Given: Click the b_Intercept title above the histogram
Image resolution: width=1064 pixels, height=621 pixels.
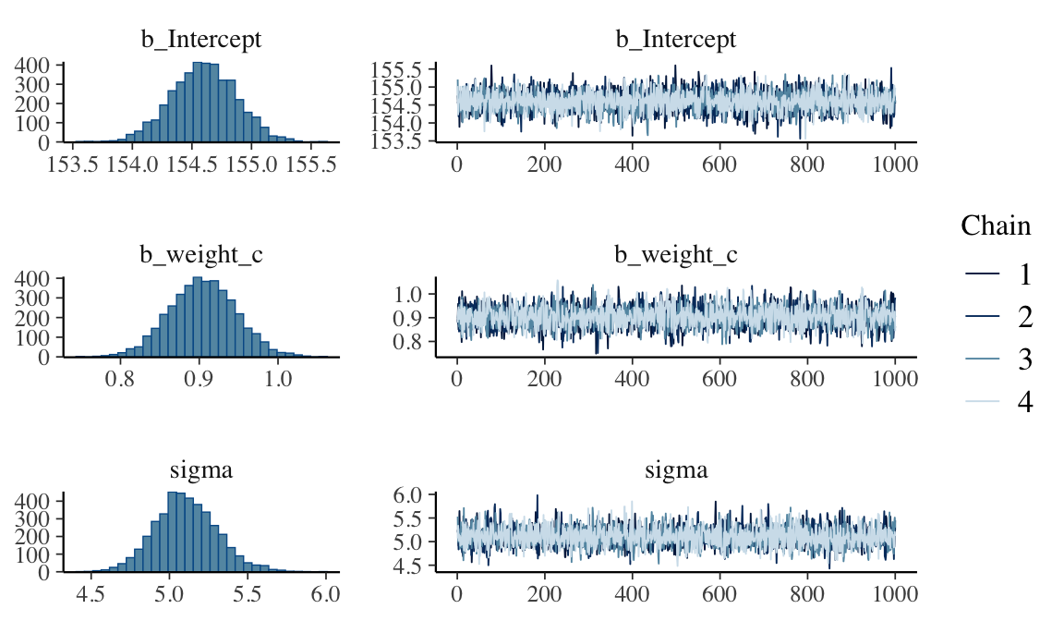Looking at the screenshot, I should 201,40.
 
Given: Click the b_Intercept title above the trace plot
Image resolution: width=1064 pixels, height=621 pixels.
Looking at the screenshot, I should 676,40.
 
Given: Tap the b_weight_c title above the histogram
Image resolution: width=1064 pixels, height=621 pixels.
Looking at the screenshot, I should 201,254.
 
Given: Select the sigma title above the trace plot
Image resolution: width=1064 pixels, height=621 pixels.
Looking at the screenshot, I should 676,470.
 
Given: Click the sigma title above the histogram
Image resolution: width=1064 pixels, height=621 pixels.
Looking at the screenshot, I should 201,470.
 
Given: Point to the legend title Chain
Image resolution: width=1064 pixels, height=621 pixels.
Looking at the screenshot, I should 996,225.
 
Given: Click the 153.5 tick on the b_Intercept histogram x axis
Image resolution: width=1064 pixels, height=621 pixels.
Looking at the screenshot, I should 73,164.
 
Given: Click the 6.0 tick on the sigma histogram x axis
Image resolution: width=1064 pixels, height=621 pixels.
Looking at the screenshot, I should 326,594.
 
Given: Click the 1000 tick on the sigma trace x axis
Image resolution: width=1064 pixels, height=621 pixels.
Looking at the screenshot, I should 895,594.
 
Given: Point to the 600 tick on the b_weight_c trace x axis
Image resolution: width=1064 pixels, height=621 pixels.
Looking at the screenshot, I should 719,379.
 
